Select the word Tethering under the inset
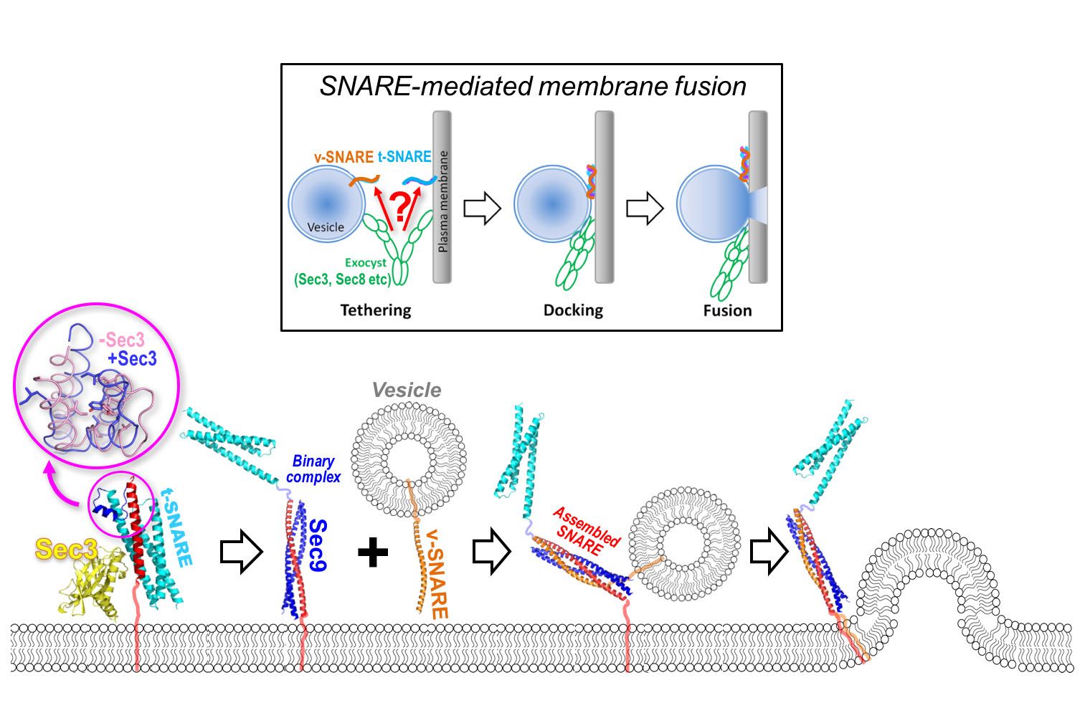[x=376, y=310]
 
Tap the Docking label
[x=573, y=310]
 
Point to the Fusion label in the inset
[x=727, y=310]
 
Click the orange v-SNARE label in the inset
[x=343, y=157]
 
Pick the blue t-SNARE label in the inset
[x=404, y=157]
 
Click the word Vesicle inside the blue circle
[x=326, y=227]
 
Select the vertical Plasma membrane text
[x=442, y=201]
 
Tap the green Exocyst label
[x=365, y=263]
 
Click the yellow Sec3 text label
[x=66, y=550]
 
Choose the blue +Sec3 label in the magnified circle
[x=132, y=358]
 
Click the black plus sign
[x=373, y=552]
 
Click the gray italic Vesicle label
[x=407, y=390]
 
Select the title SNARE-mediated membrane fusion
[x=533, y=86]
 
